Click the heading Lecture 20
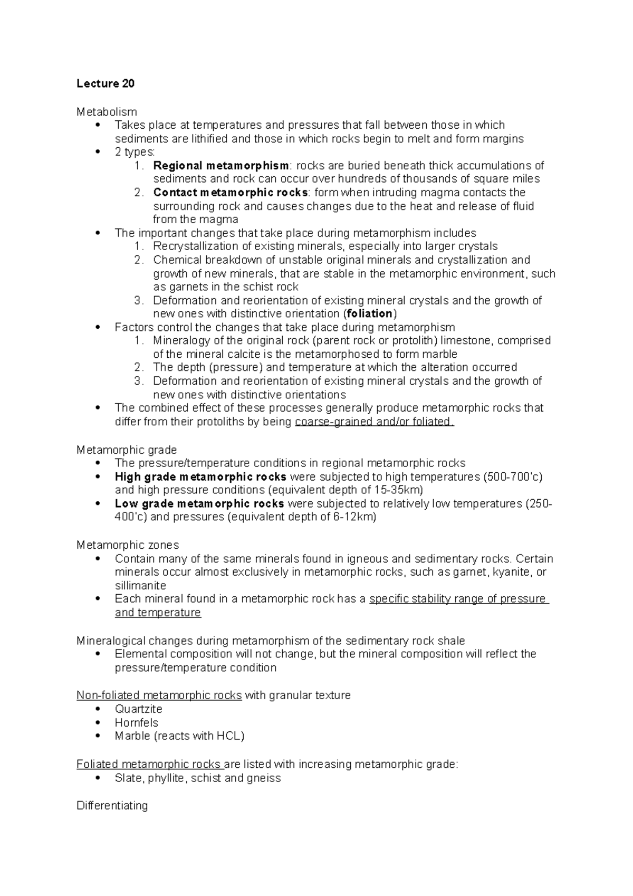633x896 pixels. point(105,83)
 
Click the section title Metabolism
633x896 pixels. point(107,112)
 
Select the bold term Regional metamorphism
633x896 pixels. point(220,166)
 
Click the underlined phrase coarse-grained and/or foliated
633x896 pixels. point(373,422)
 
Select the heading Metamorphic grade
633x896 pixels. point(127,450)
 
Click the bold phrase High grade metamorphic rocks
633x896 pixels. point(200,477)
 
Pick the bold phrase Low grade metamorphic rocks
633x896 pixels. point(199,504)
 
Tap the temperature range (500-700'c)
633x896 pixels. point(512,477)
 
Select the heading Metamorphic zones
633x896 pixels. point(128,545)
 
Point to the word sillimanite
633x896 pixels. point(140,586)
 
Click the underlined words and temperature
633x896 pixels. point(158,613)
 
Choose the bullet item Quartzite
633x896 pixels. point(138,709)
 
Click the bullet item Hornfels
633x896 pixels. point(136,723)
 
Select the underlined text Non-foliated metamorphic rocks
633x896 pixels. point(159,695)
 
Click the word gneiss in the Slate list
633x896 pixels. point(264,778)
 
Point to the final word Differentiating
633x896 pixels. point(112,806)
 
